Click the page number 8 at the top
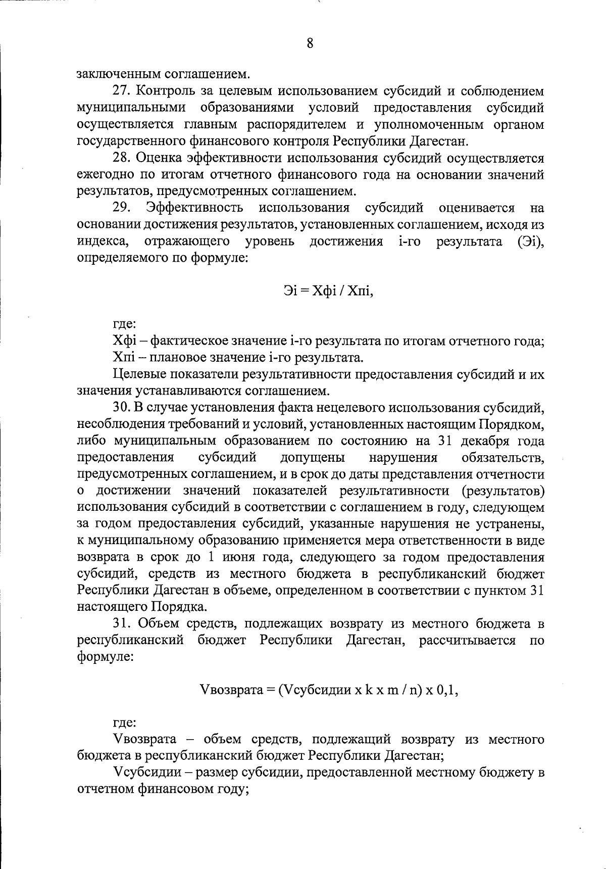pyautogui.click(x=310, y=43)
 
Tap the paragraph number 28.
pyautogui.click(x=123, y=158)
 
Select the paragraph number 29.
pyautogui.click(x=123, y=208)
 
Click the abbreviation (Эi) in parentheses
pyautogui.click(x=530, y=241)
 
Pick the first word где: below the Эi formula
pyautogui.click(x=124, y=325)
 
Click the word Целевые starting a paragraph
pyautogui.click(x=137, y=375)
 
